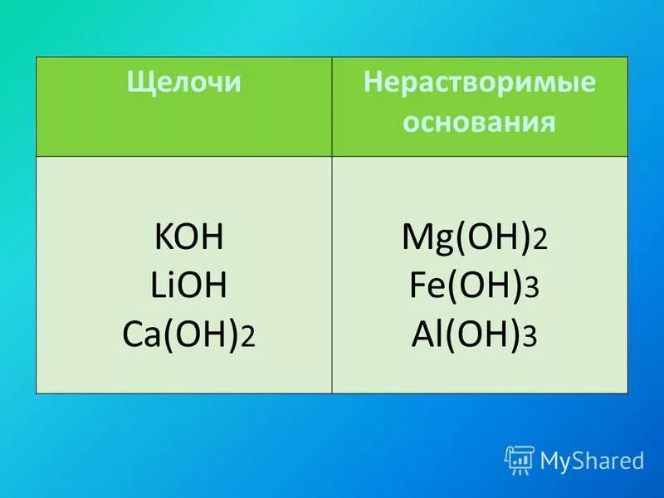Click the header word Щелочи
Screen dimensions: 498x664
pyautogui.click(x=183, y=84)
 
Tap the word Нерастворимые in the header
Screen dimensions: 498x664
pyautogui.click(x=481, y=84)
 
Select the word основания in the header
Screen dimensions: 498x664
pyautogui.click(x=480, y=123)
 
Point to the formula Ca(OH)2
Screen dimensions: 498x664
pyautogui.click(x=188, y=336)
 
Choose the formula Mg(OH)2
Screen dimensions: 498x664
pyautogui.click(x=474, y=239)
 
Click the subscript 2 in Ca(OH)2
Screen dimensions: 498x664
pyautogui.click(x=249, y=340)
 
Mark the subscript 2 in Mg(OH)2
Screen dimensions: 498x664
pyautogui.click(x=540, y=243)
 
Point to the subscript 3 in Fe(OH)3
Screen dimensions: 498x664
pyautogui.click(x=533, y=291)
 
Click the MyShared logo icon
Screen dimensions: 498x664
pyautogui.click(x=519, y=459)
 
